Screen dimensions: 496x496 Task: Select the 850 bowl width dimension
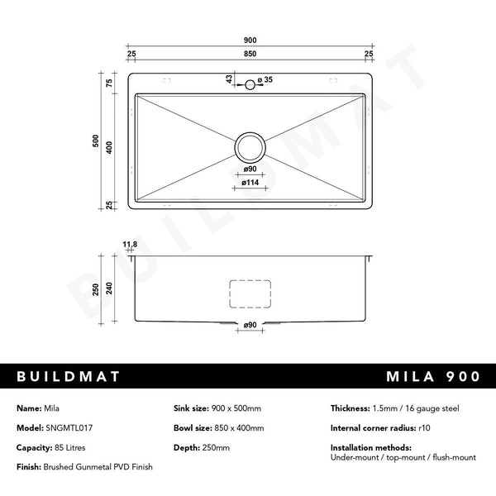(x=249, y=54)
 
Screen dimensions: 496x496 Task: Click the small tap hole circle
(x=248, y=84)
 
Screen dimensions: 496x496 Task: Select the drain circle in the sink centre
(x=249, y=146)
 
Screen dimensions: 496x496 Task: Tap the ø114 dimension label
(x=249, y=183)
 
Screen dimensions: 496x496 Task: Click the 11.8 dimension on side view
(x=129, y=245)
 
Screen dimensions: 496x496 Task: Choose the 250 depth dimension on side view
(x=95, y=289)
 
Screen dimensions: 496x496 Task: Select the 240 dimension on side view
(x=109, y=289)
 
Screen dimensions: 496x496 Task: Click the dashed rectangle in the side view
(x=249, y=294)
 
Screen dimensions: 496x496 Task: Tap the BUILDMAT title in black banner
(x=69, y=376)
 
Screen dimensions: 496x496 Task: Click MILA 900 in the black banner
(x=432, y=376)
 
